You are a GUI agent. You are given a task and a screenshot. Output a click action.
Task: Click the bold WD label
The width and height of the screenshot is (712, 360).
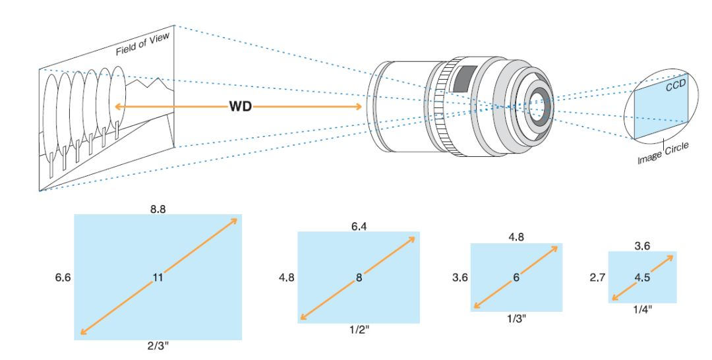pos(240,105)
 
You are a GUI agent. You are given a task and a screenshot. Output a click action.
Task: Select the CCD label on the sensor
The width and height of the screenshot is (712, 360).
pos(674,87)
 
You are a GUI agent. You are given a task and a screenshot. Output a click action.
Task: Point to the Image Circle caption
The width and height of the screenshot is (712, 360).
pos(663,154)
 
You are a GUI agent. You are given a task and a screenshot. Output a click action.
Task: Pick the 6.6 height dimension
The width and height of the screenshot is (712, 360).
pos(64,278)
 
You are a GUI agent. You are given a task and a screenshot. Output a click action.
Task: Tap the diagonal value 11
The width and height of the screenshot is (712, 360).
pos(158,278)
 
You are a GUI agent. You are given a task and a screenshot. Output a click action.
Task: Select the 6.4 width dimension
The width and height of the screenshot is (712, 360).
pos(359,225)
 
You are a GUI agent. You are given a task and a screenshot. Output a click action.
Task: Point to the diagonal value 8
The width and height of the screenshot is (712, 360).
pos(359,278)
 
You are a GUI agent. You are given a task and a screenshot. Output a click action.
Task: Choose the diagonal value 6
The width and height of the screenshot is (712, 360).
pos(516,278)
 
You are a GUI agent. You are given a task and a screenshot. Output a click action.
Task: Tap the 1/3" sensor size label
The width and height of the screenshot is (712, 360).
pos(516,318)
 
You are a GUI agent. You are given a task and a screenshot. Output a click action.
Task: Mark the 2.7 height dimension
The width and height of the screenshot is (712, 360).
pos(598,278)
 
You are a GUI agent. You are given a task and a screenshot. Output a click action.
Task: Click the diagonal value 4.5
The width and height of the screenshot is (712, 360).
pos(642,278)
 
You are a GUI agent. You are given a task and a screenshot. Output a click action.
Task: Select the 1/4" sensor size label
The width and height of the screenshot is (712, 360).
pos(642,309)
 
